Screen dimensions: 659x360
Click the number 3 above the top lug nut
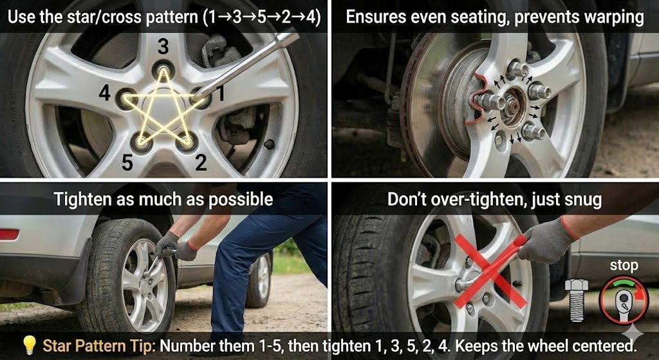pyautogui.click(x=163, y=47)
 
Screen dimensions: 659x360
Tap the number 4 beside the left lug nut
pyautogui.click(x=105, y=93)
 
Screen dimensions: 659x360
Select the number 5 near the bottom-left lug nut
pyautogui.click(x=128, y=162)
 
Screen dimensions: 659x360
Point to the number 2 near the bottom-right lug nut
pyautogui.click(x=201, y=162)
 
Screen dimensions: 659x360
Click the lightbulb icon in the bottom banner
pyautogui.click(x=30, y=345)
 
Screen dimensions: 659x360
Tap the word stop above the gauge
pyautogui.click(x=624, y=266)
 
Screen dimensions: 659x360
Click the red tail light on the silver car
pyautogui.click(x=9, y=234)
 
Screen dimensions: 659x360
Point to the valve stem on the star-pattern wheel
pyautogui.click(x=268, y=144)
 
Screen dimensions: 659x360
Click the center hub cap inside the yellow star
pyautogui.click(x=162, y=110)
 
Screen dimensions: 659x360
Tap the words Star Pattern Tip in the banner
pyautogui.click(x=99, y=346)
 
